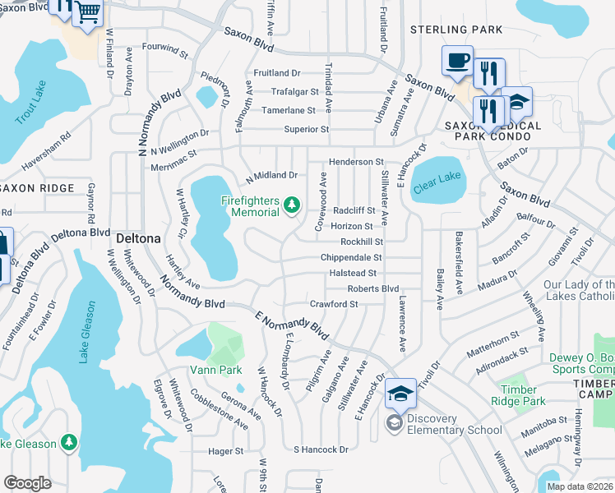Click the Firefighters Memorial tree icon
click(290, 205)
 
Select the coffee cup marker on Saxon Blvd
click(457, 61)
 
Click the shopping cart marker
click(88, 14)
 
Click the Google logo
click(27, 482)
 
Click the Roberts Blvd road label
click(372, 288)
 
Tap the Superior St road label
click(306, 129)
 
